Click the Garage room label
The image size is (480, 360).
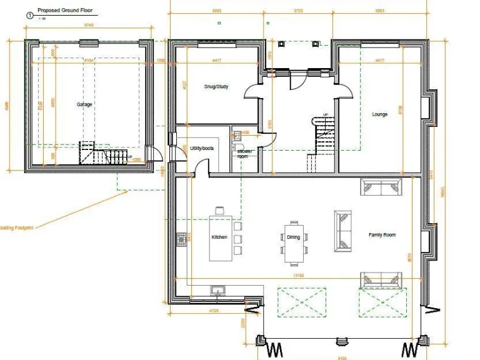[x=84, y=104]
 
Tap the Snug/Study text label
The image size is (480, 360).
[x=216, y=86]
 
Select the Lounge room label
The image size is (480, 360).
[x=380, y=114]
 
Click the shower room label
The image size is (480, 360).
[x=242, y=153]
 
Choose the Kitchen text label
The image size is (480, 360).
[x=219, y=237]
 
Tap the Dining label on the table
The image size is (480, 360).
[x=294, y=237]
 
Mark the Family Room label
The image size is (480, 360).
[x=382, y=235]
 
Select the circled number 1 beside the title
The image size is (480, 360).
[x=29, y=12]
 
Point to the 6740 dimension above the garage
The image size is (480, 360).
[x=89, y=25]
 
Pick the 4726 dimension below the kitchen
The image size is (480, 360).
[x=213, y=309]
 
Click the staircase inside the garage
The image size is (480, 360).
[x=103, y=154]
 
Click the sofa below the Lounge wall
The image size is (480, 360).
[x=380, y=187]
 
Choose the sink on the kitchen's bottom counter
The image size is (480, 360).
[x=218, y=290]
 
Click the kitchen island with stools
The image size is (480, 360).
[x=221, y=238]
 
